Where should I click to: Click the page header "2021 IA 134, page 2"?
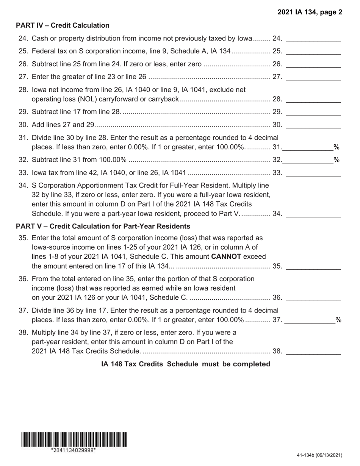tap(310, 12)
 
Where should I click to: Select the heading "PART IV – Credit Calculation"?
tap(63, 25)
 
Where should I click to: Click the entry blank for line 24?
tap(313, 39)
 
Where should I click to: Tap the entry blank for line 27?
tap(313, 77)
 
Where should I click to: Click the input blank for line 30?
tap(313, 125)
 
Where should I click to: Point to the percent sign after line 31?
tap(336, 147)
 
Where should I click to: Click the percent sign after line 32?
tap(336, 160)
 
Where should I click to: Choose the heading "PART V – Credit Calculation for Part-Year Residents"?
tap(103, 226)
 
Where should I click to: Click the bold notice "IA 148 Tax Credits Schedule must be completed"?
tap(186, 364)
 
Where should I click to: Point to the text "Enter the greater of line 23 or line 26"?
tap(89, 77)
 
